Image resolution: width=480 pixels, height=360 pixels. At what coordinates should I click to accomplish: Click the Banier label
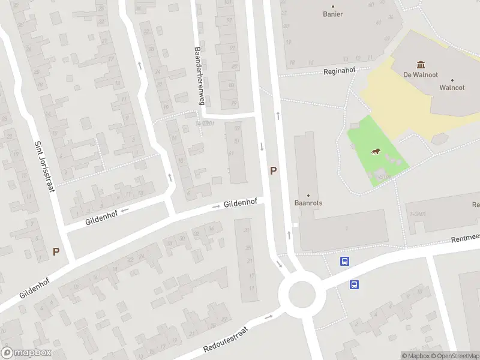[x=333, y=14]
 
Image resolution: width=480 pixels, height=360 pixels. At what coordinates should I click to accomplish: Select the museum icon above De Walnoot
[x=420, y=64]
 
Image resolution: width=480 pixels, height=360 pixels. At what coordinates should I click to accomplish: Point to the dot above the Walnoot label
[x=452, y=80]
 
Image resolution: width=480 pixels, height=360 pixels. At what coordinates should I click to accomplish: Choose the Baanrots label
[x=309, y=203]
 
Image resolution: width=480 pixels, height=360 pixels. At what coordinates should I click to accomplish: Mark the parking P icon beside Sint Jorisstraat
[x=56, y=252]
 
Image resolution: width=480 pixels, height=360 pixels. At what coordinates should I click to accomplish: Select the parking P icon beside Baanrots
[x=274, y=170]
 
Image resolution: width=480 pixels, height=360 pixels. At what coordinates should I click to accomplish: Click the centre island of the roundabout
[x=301, y=295]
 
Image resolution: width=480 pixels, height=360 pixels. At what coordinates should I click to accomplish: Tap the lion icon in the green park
[x=376, y=151]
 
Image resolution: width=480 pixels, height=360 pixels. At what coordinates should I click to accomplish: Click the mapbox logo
[x=26, y=353]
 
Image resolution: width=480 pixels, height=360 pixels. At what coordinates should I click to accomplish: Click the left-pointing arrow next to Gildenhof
[x=125, y=211]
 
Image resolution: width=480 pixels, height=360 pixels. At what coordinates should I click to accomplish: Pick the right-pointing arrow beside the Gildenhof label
[x=217, y=207]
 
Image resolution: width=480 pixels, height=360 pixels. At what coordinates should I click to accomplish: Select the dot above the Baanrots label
[x=309, y=195]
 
